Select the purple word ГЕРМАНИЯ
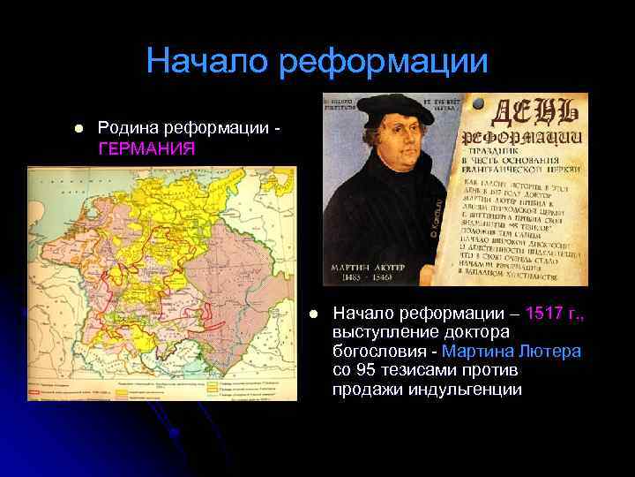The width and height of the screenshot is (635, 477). coord(146,148)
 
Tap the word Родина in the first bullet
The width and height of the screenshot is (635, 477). coord(128,130)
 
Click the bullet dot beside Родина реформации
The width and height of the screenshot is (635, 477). coord(78,130)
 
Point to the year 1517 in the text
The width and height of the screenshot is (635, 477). coord(542,313)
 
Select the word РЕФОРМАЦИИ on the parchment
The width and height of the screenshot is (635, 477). coord(536,140)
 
